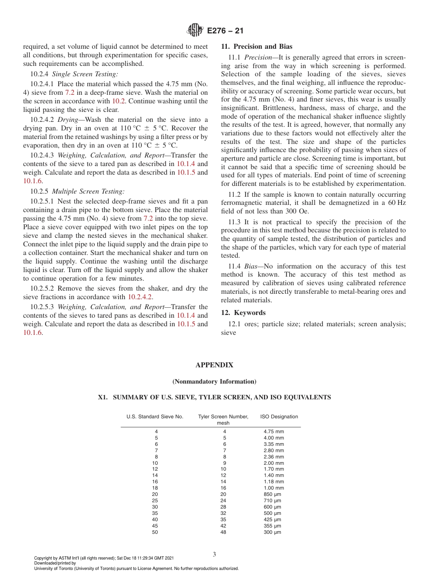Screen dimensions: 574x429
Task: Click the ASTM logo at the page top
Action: tap(195, 31)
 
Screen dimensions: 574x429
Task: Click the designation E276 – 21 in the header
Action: tap(225, 31)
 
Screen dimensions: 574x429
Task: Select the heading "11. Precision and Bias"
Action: tap(256, 46)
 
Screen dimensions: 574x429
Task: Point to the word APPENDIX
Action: tap(214, 365)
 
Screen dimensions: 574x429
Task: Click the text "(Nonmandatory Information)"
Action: tap(214, 382)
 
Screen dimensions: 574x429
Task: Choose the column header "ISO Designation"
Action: tap(279, 417)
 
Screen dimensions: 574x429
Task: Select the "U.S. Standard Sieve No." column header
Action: tap(155, 417)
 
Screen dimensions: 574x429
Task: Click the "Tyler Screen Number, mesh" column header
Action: tap(223, 420)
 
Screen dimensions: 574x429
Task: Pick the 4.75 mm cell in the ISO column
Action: tap(274, 431)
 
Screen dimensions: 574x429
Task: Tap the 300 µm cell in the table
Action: tap(272, 532)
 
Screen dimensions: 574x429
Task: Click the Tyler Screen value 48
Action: tap(223, 532)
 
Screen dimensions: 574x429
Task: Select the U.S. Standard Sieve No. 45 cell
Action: tap(155, 526)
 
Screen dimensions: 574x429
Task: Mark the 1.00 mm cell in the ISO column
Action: tap(274, 488)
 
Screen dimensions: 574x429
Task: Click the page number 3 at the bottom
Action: tap(214, 554)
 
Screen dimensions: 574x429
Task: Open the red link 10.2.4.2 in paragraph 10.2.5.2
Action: tap(140, 297)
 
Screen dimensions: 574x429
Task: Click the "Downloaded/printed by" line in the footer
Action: tap(55, 563)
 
